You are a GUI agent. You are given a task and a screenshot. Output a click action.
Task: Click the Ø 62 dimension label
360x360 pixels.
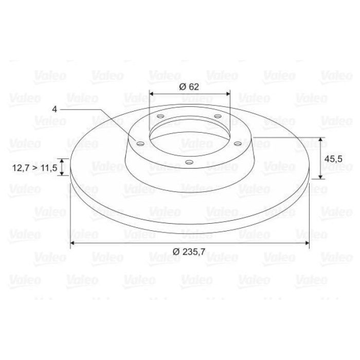(x=189, y=87)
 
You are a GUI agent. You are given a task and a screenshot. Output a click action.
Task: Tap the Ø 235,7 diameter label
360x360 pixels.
(x=189, y=252)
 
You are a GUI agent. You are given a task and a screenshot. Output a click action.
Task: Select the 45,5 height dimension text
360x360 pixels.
(x=333, y=159)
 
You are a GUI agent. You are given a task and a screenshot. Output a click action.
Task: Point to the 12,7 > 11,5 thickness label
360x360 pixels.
(x=34, y=168)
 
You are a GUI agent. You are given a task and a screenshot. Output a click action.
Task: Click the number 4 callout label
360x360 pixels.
(x=55, y=109)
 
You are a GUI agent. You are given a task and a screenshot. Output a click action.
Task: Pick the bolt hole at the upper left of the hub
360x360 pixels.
(x=160, y=116)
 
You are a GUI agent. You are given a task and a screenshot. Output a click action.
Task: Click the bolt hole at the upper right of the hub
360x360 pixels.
(x=218, y=116)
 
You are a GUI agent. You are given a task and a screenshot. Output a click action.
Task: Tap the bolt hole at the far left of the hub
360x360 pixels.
(x=140, y=144)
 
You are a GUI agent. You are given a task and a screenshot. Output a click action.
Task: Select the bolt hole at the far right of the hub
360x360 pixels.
(x=238, y=144)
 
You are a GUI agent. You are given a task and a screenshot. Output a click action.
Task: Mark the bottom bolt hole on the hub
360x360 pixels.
(x=189, y=163)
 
